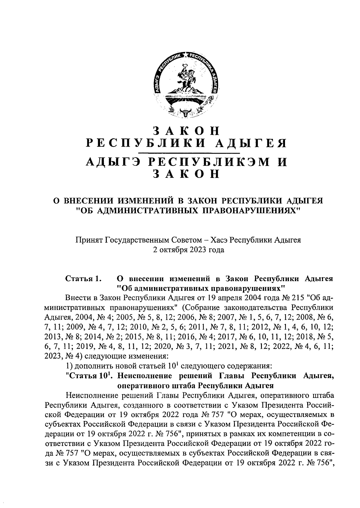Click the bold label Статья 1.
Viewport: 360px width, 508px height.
[83, 279]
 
